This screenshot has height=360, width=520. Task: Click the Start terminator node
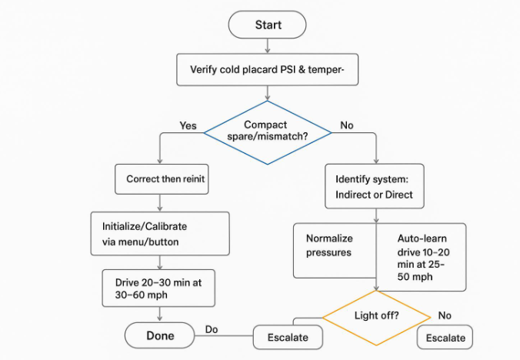pos(268,25)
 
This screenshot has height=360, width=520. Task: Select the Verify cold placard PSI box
pos(268,70)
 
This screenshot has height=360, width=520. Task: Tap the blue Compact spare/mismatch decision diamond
pos(266,132)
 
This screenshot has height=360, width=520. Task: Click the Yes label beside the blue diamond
pos(188,125)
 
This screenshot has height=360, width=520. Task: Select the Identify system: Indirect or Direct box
pos(375,186)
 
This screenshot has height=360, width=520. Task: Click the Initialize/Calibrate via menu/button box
pos(160,233)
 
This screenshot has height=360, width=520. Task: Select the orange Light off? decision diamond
pos(375,315)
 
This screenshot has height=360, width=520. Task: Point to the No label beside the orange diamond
pos(445,315)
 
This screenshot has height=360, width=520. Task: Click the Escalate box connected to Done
pos(288,337)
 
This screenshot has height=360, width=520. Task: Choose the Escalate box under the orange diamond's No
pos(445,338)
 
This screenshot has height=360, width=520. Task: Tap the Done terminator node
pos(160,335)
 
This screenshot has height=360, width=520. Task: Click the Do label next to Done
pos(212,330)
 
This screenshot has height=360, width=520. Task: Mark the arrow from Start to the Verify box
pos(268,45)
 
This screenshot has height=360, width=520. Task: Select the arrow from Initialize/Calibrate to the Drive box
pos(160,262)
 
